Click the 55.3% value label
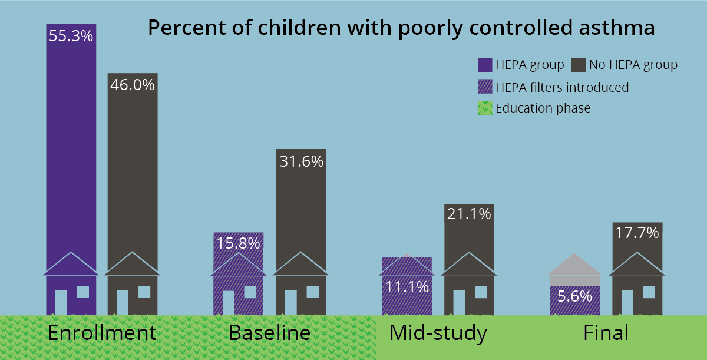71,36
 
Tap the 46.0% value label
133,85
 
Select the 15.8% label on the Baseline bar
238,243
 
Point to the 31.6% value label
300,161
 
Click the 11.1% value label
407,287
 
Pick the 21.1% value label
469,214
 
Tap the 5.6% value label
574,296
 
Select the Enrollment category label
102,333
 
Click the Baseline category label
269,333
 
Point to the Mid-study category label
438,333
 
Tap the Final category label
606,333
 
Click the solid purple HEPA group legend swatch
485,64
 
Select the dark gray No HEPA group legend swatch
579,64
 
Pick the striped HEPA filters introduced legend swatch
485,87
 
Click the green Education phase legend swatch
485,108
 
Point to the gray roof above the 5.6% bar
574,266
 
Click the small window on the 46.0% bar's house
144,292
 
